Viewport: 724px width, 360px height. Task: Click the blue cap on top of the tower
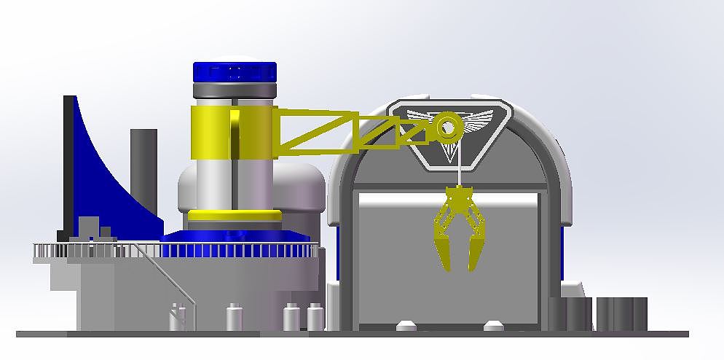(x=235, y=71)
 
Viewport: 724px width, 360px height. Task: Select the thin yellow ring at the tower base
(x=235, y=216)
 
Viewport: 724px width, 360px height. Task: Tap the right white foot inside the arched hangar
(x=493, y=324)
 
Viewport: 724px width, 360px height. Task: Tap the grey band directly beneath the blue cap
(x=235, y=90)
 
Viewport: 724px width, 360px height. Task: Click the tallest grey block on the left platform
(x=89, y=227)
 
